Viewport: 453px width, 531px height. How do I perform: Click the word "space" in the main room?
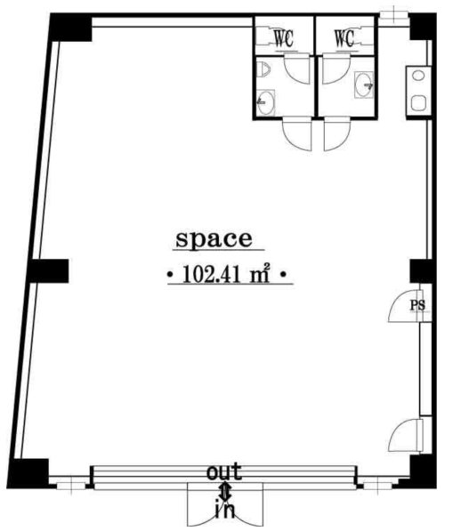click(x=214, y=239)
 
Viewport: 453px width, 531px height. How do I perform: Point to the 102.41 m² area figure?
click(x=226, y=273)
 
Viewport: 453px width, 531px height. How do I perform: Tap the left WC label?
click(x=284, y=39)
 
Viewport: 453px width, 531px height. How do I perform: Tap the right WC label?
click(x=344, y=39)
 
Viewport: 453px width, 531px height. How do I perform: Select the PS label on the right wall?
click(x=417, y=305)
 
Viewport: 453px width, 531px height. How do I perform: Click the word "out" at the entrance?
click(x=224, y=471)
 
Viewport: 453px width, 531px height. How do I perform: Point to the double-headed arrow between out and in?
click(x=224, y=491)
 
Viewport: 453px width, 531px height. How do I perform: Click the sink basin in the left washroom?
click(x=265, y=102)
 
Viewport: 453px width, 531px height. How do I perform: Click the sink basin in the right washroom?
click(x=364, y=85)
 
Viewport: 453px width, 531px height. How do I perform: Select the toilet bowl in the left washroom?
click(x=263, y=69)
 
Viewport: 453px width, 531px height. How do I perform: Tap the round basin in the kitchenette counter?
click(x=419, y=76)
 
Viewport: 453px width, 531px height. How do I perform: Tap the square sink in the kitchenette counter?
click(x=418, y=103)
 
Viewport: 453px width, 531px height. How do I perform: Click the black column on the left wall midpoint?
click(x=48, y=271)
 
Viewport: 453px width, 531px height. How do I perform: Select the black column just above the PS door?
click(x=421, y=271)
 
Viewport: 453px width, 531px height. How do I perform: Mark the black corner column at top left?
click(x=71, y=28)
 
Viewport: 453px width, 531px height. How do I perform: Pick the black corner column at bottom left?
click(x=28, y=473)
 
